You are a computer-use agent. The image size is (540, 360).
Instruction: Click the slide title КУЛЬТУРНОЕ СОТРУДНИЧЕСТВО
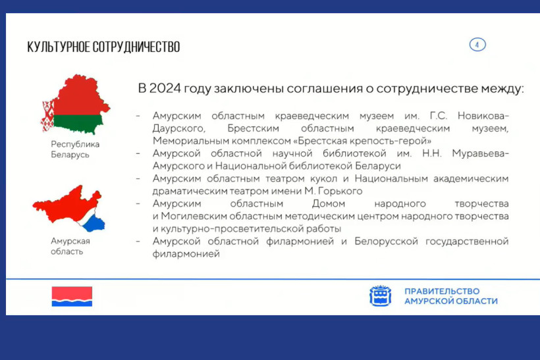(103, 47)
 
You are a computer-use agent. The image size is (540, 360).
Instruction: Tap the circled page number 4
(477, 45)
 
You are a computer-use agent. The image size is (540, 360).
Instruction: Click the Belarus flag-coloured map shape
(76, 103)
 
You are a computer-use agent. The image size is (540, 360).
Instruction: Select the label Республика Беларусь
(75, 149)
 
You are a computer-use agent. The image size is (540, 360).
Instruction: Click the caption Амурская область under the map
(70, 246)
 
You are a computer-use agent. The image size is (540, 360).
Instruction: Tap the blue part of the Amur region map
(94, 223)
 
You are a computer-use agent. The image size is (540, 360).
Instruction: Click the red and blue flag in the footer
(72, 296)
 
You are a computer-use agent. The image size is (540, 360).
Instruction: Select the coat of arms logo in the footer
(381, 296)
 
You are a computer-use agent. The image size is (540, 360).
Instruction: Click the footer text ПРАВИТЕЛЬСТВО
(442, 291)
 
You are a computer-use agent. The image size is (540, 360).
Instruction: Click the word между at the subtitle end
(502, 89)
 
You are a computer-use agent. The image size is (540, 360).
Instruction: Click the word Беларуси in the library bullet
(378, 166)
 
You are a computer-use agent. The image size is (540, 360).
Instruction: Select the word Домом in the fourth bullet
(329, 203)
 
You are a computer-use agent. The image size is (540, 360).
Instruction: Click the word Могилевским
(194, 216)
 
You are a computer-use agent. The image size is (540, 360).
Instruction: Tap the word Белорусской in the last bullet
(386, 242)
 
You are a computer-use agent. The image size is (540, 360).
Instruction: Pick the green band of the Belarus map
(78, 124)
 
